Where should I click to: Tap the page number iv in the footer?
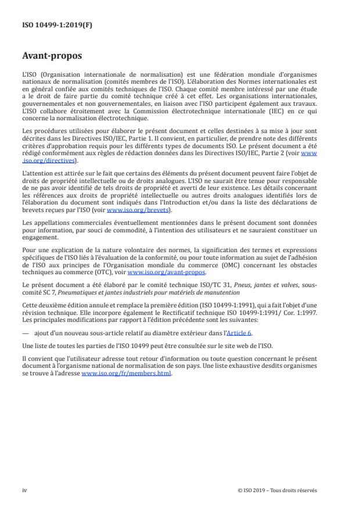click(24, 490)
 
